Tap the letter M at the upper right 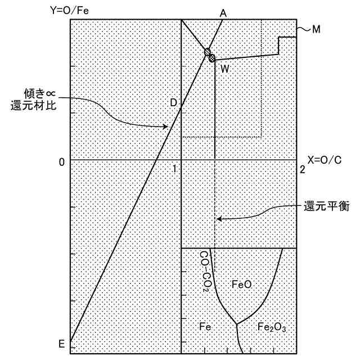316,30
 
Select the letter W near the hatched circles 224,69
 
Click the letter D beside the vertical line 173,102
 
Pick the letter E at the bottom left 62,343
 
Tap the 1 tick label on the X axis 175,168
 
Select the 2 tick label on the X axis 302,168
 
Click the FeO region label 241,285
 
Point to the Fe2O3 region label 272,327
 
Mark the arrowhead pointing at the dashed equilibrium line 219,219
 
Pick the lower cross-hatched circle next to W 212,57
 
